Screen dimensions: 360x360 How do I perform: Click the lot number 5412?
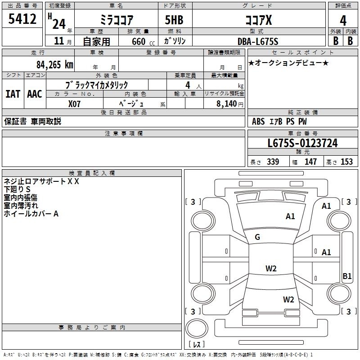point(22,19)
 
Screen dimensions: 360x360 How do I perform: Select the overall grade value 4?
point(343,21)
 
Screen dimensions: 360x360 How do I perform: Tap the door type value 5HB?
point(174,20)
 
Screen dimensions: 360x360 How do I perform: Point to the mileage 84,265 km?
point(54,65)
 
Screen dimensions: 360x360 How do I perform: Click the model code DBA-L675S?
point(258,41)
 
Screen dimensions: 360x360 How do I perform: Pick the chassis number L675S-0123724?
point(302,143)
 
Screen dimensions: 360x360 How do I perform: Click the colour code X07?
point(74,104)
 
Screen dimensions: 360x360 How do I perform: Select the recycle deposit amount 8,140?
point(226,104)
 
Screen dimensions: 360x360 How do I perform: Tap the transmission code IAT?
point(13,94)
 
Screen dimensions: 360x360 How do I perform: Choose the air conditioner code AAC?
point(35,94)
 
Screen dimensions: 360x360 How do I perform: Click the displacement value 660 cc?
point(143,42)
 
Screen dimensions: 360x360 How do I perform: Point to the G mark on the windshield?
point(257,237)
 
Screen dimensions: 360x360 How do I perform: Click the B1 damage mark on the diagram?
point(347,276)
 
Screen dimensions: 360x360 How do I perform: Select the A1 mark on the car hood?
point(290,216)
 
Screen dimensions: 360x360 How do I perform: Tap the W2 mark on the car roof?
point(271,268)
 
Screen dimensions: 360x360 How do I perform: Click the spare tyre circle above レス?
point(197,328)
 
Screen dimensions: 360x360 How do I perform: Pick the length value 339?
point(273,162)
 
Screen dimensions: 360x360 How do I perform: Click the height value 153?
point(346,162)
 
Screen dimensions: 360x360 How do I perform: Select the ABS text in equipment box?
point(258,121)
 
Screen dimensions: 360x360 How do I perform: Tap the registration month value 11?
point(59,41)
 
